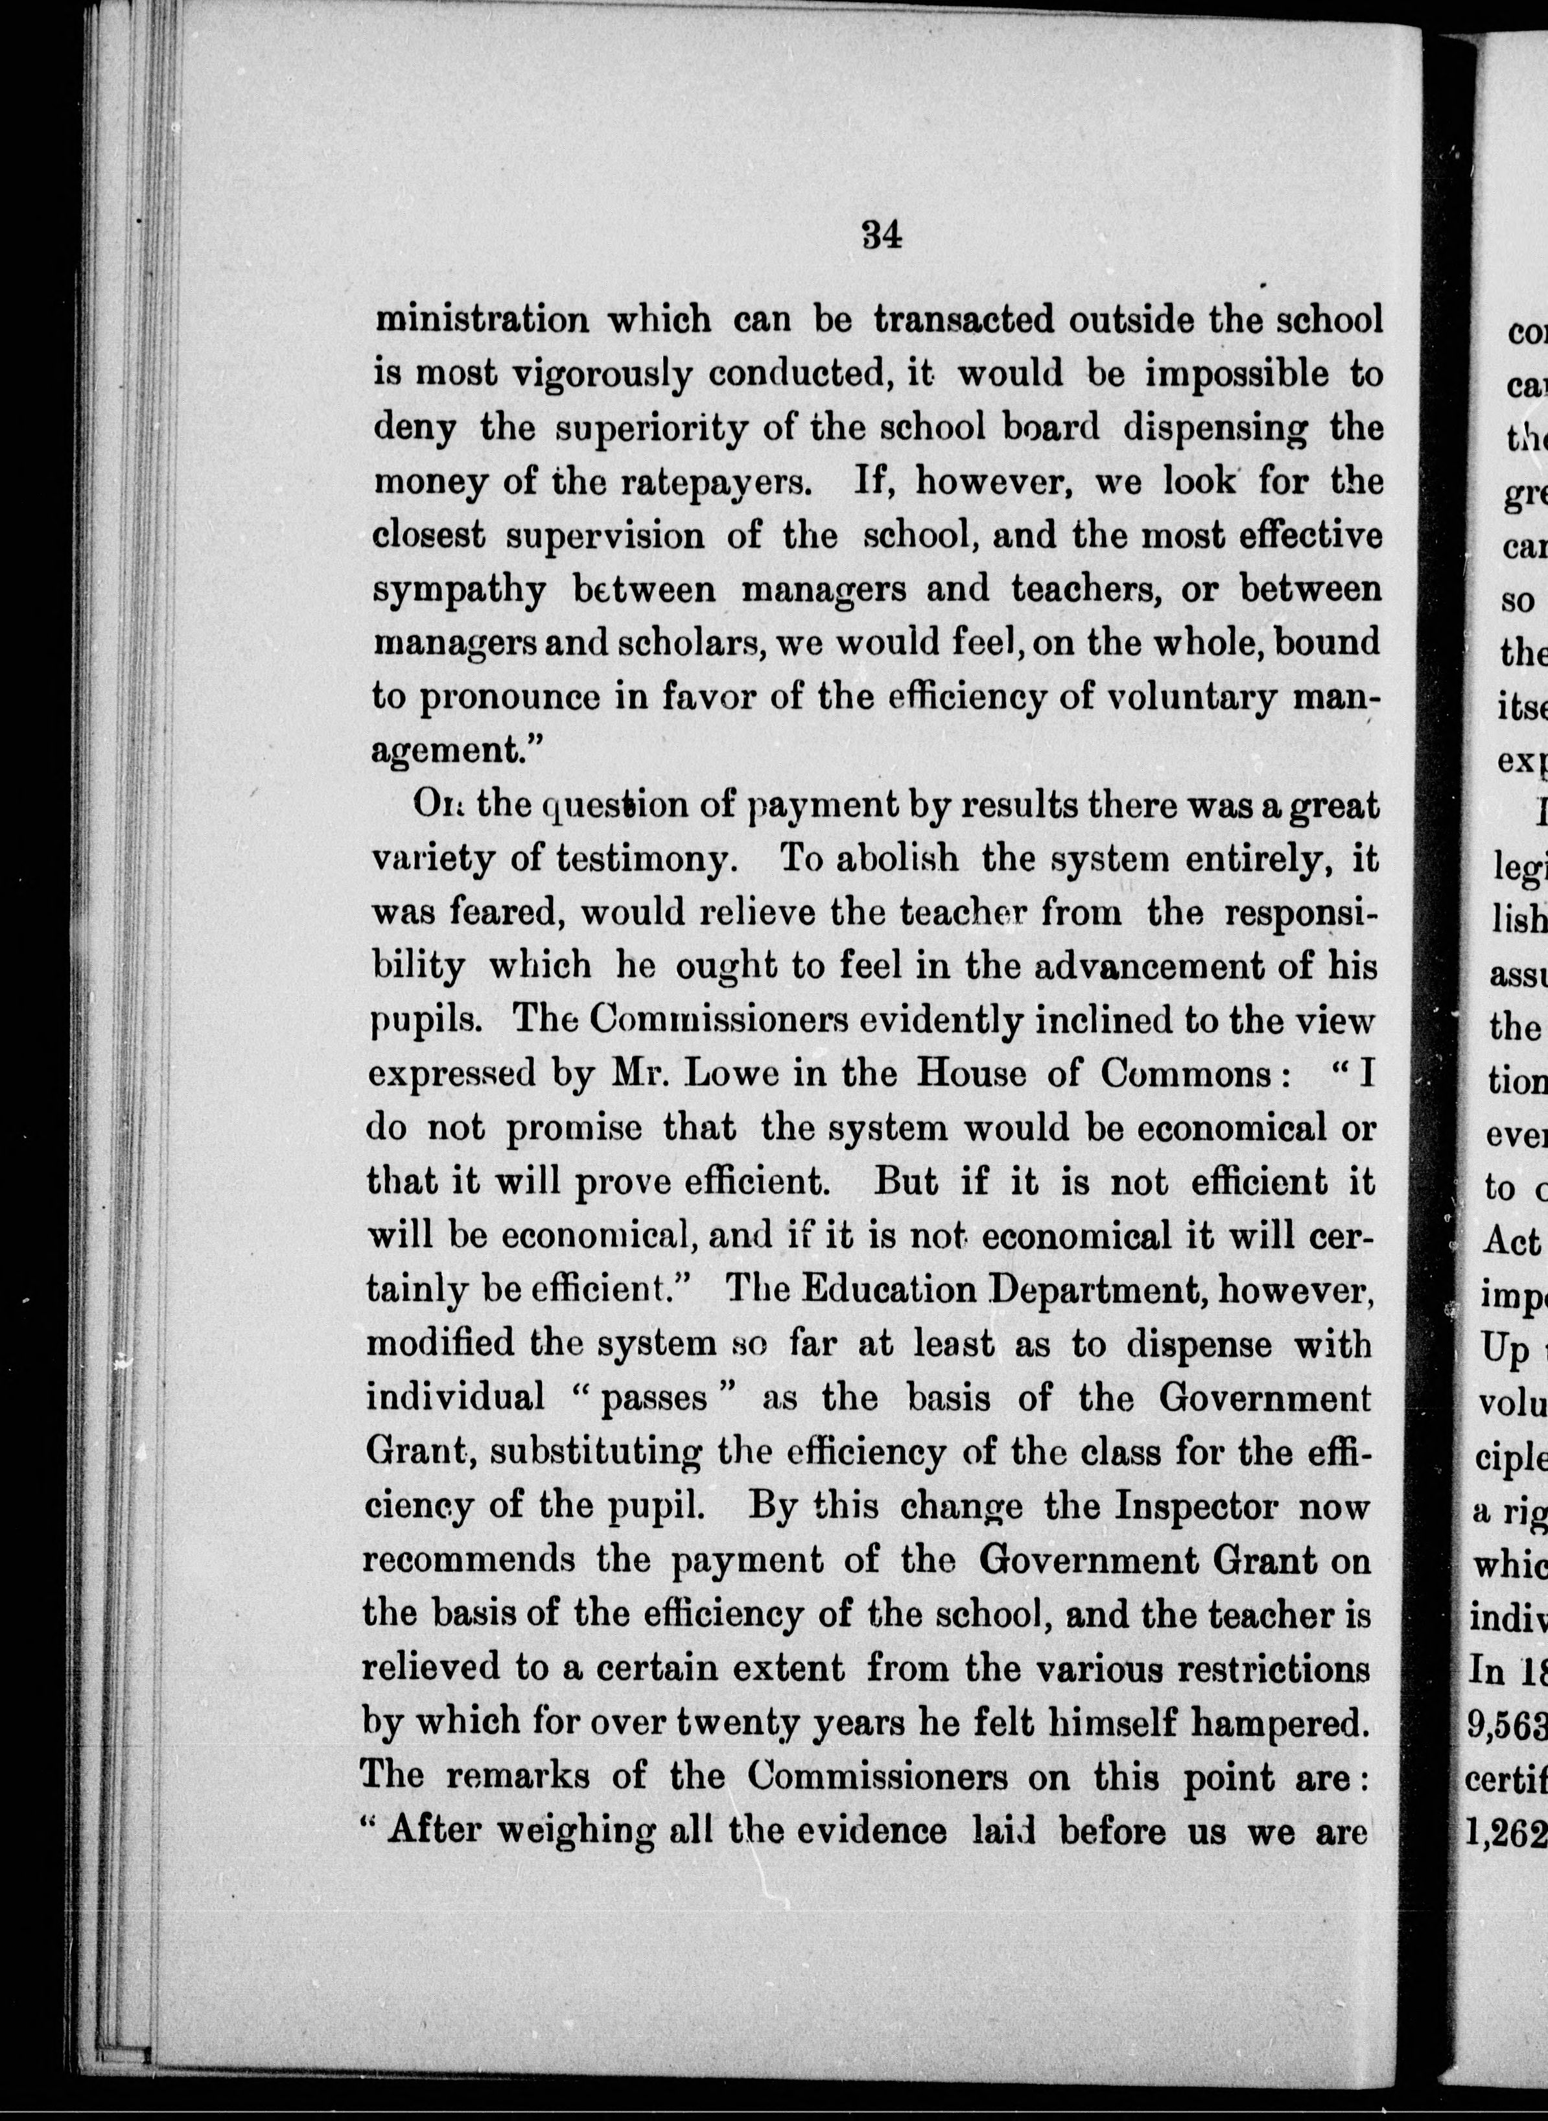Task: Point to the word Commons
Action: [1186, 1073]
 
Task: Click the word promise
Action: [574, 1128]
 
